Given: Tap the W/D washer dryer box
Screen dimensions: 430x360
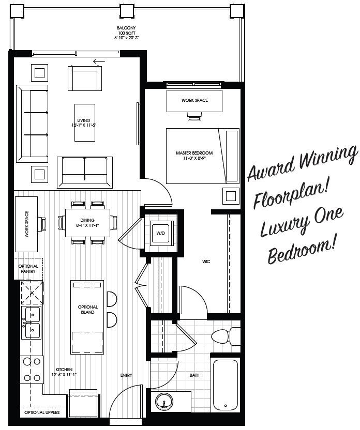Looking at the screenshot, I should point(160,233).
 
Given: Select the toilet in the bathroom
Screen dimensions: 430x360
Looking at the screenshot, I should point(226,337).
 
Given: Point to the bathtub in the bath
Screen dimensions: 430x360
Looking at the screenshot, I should point(227,385).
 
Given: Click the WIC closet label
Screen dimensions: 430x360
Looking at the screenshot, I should point(206,262).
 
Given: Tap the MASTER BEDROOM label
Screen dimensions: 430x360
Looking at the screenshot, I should point(194,156).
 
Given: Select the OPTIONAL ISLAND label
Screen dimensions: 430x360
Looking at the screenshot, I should point(88,310).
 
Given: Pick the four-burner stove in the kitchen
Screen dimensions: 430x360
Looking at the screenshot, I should point(31,370).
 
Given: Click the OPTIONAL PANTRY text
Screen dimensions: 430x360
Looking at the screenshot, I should point(28,269).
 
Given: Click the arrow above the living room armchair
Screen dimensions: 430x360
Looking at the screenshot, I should point(99,61).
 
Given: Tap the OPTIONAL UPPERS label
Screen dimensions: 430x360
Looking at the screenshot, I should point(42,413).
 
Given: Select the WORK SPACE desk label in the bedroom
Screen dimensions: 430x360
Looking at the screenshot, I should point(194,100).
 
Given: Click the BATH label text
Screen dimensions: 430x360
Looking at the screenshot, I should point(194,375).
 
